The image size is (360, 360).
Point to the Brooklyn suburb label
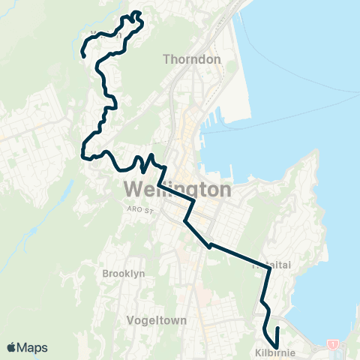pos(123,274)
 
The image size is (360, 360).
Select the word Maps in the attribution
pos(33,347)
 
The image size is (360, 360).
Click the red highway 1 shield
pos(333,343)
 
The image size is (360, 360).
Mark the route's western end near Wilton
pos(82,55)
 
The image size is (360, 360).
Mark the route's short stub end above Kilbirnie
pos(277,328)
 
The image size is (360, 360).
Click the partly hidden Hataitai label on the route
pos(271,265)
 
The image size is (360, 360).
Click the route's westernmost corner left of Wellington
pos(81,154)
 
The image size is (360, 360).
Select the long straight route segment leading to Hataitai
pos(240,255)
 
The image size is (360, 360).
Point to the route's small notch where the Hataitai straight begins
pos(211,244)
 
